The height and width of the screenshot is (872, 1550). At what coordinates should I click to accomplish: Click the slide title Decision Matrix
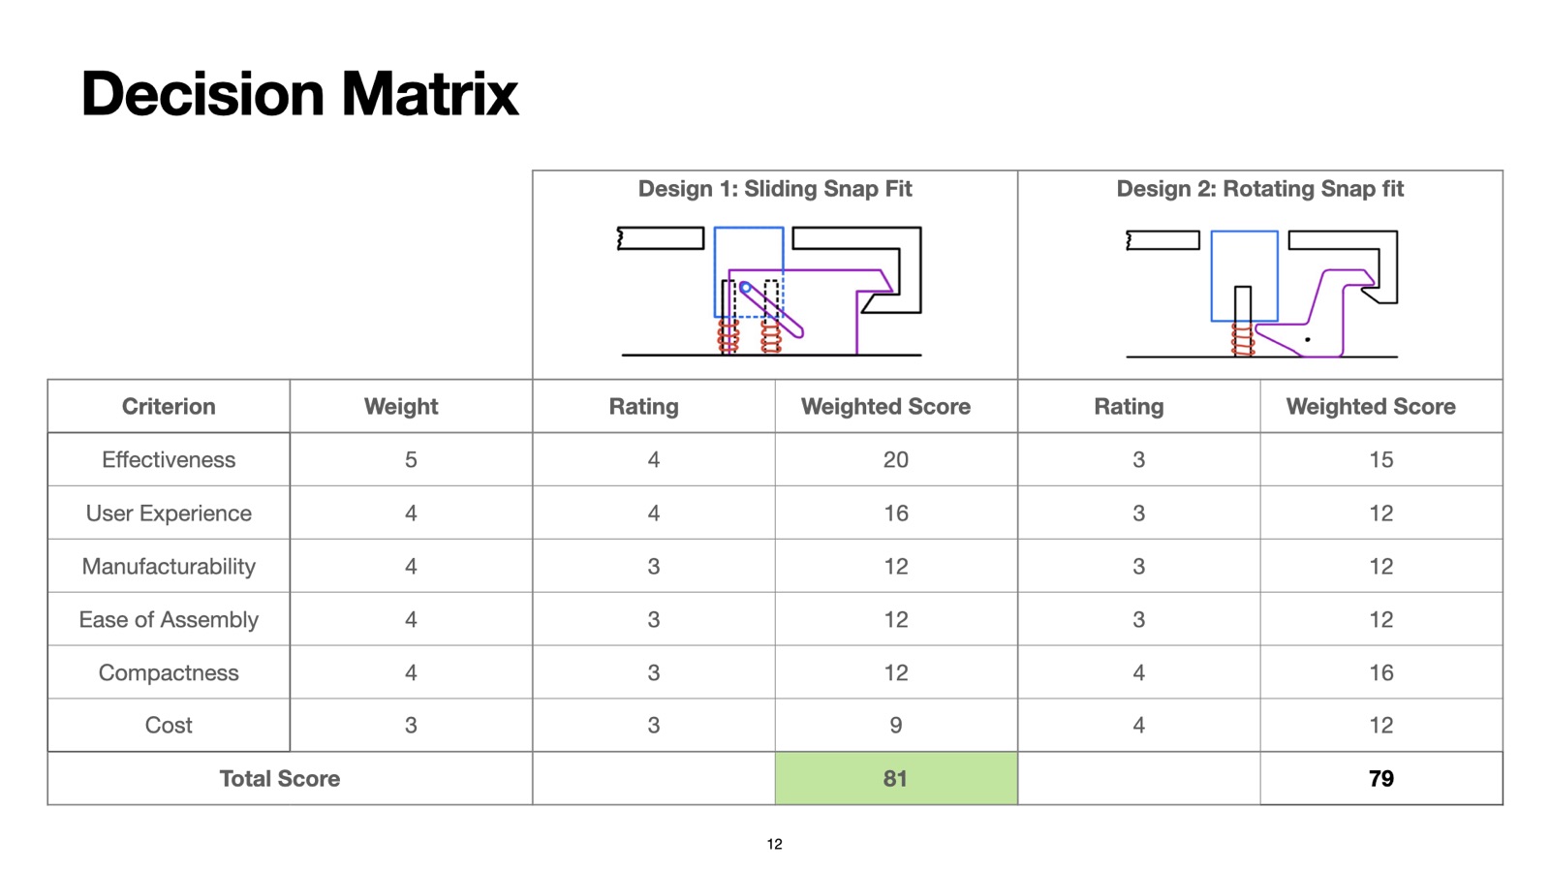(x=299, y=93)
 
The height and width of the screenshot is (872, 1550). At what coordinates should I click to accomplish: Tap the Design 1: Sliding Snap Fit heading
(x=775, y=188)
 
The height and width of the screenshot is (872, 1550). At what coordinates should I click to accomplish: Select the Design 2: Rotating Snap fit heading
(x=1260, y=188)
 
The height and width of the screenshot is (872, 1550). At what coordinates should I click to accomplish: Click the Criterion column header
(x=169, y=406)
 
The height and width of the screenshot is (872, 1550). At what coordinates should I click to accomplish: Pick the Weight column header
(x=401, y=406)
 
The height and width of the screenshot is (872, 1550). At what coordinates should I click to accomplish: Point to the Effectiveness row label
(x=169, y=459)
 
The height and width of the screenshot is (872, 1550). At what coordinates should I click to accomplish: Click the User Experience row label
(x=169, y=513)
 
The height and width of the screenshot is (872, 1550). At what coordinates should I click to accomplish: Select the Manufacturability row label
(x=169, y=566)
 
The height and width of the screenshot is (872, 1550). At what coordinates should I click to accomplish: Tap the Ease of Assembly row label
(x=169, y=619)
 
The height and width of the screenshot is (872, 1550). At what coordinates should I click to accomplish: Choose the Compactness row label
(x=169, y=672)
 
